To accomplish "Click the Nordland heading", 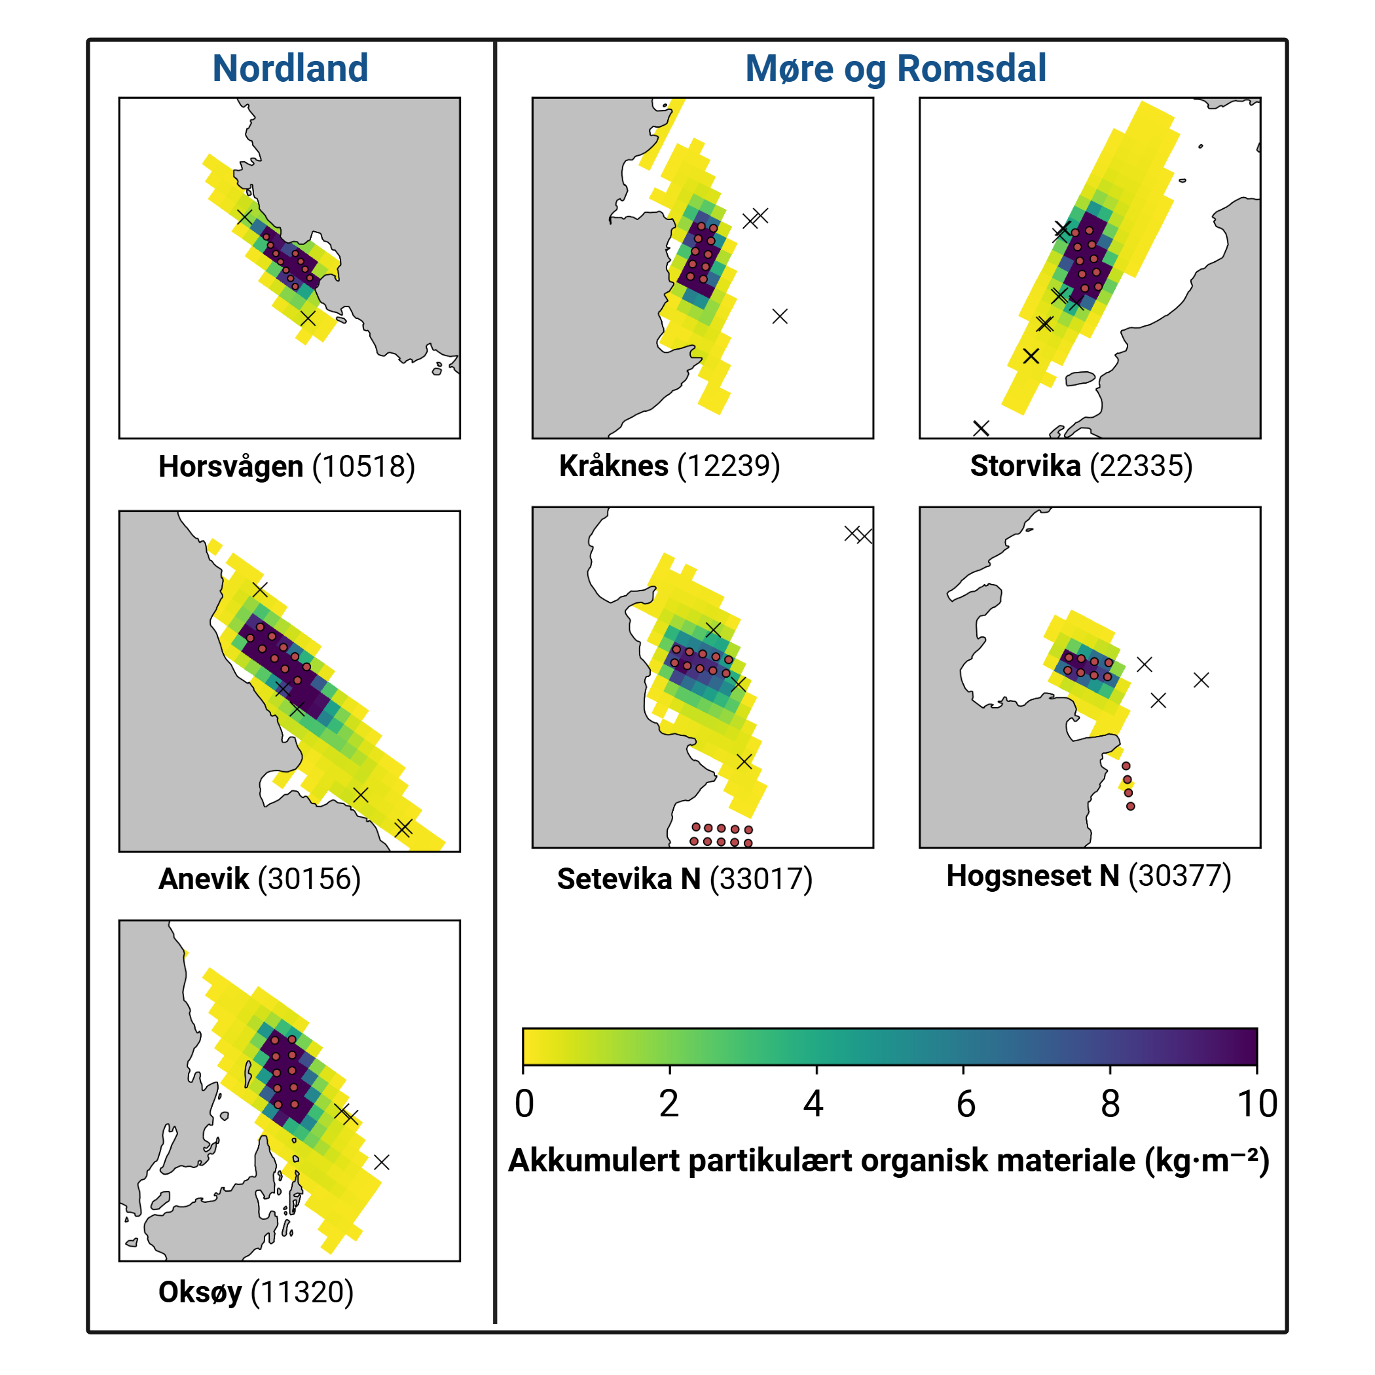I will (289, 68).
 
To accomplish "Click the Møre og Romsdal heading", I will (894, 68).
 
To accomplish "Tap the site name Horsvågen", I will (230, 467).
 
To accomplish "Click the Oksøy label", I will (199, 1292).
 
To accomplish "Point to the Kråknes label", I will (613, 466).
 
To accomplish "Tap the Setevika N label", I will (629, 879).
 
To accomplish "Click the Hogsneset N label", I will (1032, 876).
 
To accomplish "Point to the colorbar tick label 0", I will (524, 1105).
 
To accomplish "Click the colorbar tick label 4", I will (813, 1105).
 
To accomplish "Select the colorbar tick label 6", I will (965, 1105).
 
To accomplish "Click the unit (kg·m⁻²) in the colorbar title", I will (1206, 1161).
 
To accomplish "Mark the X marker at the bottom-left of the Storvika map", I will (981, 428).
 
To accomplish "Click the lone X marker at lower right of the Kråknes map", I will (780, 316).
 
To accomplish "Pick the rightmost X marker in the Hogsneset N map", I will (1201, 680).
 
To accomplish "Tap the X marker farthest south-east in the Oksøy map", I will (382, 1163).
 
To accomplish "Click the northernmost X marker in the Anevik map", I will (260, 590).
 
